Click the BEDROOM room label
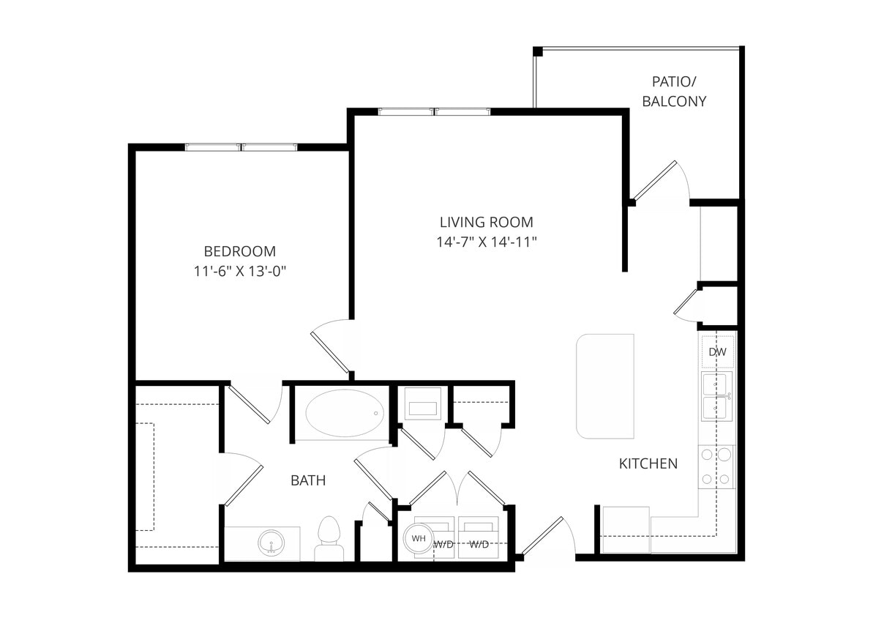click(x=239, y=250)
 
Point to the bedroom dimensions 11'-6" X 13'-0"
click(x=239, y=271)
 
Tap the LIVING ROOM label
click(x=486, y=222)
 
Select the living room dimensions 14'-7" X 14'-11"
click(x=486, y=242)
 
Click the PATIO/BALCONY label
click(x=674, y=91)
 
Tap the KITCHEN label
click(x=648, y=463)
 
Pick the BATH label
click(x=308, y=480)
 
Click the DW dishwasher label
click(x=717, y=352)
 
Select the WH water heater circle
click(x=419, y=538)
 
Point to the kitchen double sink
click(x=716, y=396)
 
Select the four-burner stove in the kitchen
click(x=716, y=467)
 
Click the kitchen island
click(x=605, y=386)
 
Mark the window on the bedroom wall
click(x=241, y=147)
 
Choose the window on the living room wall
click(x=434, y=112)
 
